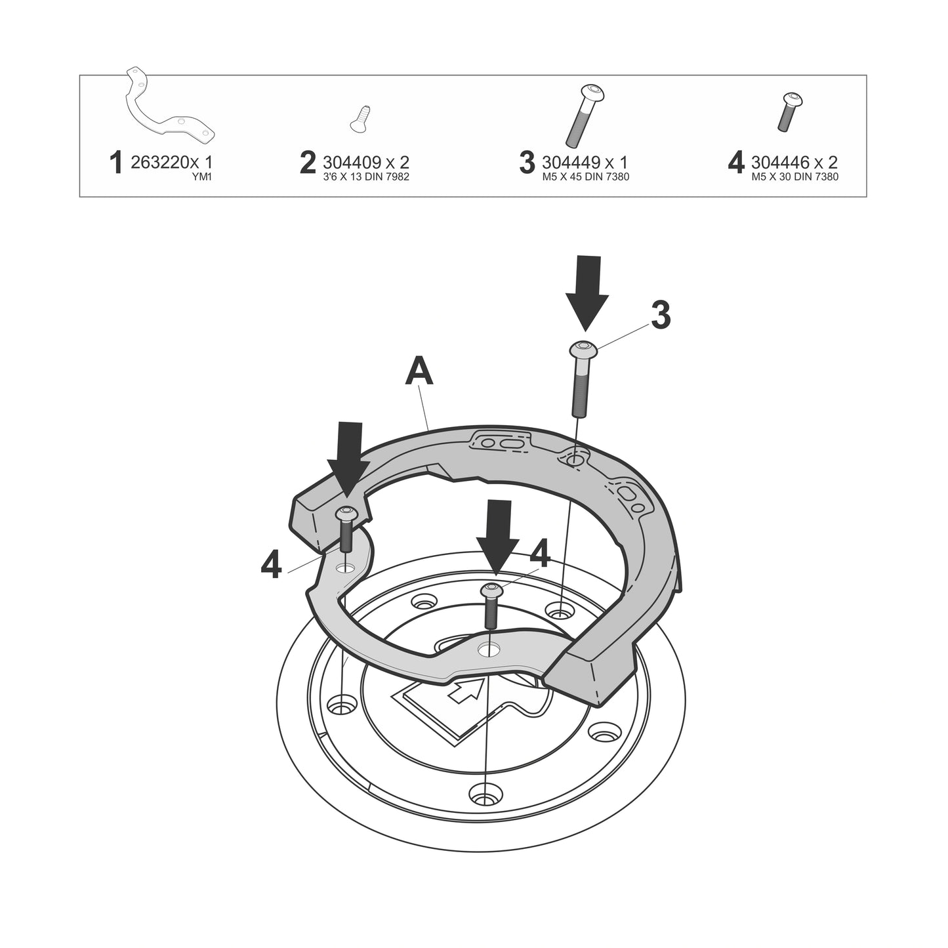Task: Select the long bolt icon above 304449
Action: pyautogui.click(x=585, y=115)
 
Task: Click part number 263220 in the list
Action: pyautogui.click(x=157, y=162)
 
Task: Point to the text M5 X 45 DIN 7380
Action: pyautogui.click(x=585, y=176)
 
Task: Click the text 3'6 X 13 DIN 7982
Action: pyautogui.click(x=365, y=176)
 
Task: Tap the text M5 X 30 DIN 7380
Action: pyautogui.click(x=795, y=176)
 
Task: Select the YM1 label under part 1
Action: pyautogui.click(x=203, y=176)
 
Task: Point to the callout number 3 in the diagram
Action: pyautogui.click(x=661, y=316)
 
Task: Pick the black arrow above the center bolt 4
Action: pyautogui.click(x=496, y=539)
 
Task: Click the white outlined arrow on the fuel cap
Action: pyautogui.click(x=466, y=690)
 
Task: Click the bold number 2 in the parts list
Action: pyautogui.click(x=308, y=163)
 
